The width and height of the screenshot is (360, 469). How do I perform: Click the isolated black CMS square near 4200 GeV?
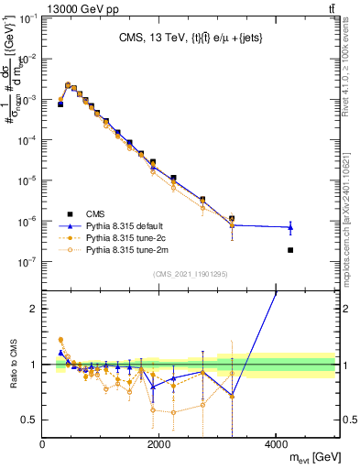pyautogui.click(x=290, y=250)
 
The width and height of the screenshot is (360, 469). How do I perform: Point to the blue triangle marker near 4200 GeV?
pyautogui.click(x=290, y=226)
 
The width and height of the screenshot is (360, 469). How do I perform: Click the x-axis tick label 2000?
pyautogui.click(x=159, y=443)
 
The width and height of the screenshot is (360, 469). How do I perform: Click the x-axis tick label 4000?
pyautogui.click(x=277, y=443)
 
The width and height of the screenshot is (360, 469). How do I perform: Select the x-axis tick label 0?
pyautogui.click(x=42, y=443)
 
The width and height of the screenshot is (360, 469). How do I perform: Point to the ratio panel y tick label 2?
pyautogui.click(x=34, y=309)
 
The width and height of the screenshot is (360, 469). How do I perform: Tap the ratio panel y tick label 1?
pyautogui.click(x=34, y=365)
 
